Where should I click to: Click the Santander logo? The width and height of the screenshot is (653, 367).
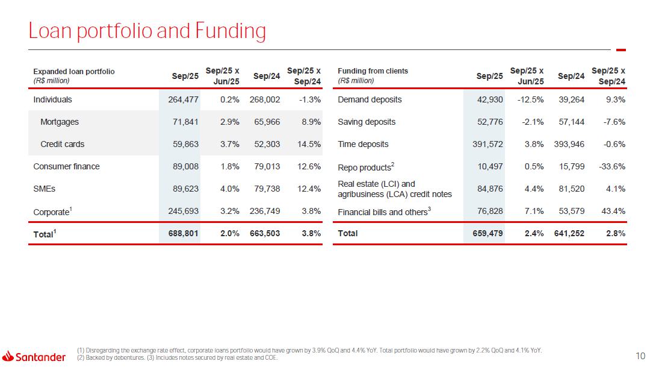(34, 357)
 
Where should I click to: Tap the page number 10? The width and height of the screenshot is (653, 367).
(641, 356)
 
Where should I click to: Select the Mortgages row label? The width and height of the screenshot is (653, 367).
(59, 122)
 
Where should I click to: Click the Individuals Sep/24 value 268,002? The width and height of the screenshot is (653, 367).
(265, 99)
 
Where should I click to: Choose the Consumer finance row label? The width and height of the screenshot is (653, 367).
(66, 166)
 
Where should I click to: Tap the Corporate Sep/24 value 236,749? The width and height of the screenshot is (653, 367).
(265, 211)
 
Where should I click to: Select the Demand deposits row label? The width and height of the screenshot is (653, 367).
(370, 99)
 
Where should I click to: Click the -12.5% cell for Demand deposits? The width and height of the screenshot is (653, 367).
(530, 99)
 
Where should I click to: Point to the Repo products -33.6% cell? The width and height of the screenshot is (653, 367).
(609, 166)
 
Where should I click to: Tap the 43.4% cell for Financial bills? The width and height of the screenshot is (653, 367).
(611, 211)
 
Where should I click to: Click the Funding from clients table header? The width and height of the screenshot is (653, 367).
(373, 71)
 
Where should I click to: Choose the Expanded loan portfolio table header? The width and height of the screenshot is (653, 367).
(73, 71)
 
